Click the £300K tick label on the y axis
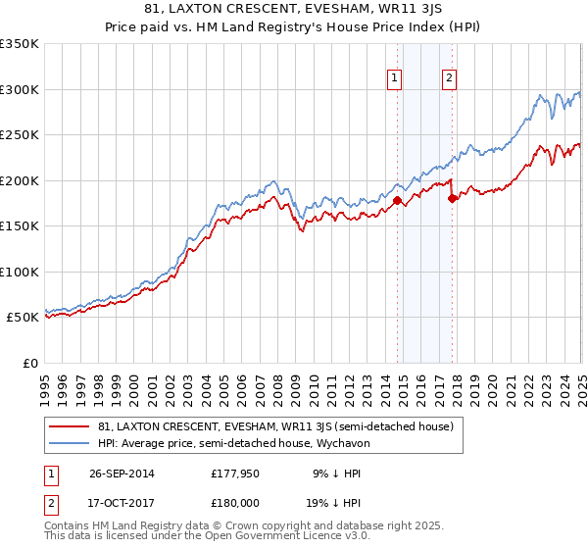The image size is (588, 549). tap(19, 89)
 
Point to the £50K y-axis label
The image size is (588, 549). tap(22, 318)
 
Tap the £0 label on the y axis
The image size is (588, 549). tap(29, 364)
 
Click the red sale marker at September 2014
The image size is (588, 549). tap(397, 200)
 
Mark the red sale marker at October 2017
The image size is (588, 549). tap(452, 198)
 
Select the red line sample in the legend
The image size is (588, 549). tap(70, 426)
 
